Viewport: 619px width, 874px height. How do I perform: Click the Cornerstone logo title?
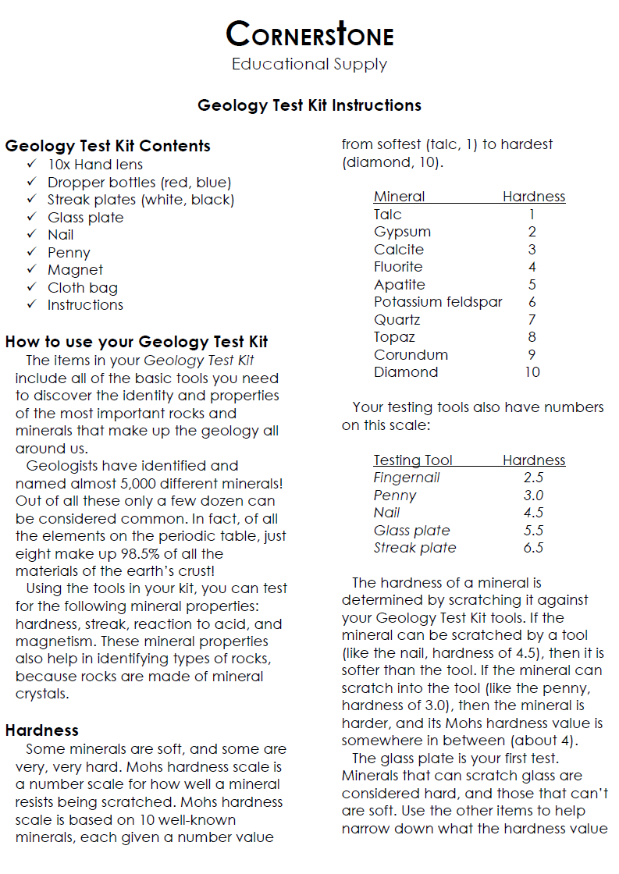pos(309,34)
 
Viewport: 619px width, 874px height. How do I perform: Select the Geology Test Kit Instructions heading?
pos(309,105)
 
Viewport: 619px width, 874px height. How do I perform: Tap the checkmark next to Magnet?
pos(31,270)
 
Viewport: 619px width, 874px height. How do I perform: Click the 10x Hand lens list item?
pos(95,165)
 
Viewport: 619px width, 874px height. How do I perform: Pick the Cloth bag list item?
pos(82,288)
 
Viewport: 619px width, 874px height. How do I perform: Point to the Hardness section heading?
pos(41,730)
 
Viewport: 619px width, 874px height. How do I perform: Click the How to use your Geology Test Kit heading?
pos(137,342)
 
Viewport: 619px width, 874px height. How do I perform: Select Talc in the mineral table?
pos(388,215)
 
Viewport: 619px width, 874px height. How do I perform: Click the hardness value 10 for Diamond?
pos(532,372)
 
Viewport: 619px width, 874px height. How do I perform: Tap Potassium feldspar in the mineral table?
pos(438,302)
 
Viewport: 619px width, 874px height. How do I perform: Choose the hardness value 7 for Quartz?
pos(532,320)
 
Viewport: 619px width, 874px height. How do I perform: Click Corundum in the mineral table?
pos(411,355)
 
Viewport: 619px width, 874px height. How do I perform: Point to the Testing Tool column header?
pos(413,460)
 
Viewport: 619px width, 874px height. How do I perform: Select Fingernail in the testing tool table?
pos(407,478)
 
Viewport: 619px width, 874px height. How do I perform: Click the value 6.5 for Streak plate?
pos(533,548)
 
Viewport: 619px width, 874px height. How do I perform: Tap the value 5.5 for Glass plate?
pos(533,531)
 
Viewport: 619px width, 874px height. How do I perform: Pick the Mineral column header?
pos(399,197)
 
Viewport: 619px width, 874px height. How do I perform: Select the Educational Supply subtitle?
pos(309,64)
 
